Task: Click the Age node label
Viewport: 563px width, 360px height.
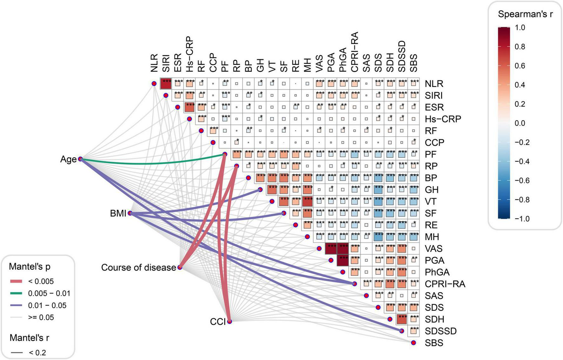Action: (x=68, y=159)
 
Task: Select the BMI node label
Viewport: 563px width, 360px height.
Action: (x=118, y=213)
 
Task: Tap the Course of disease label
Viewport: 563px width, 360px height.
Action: (x=139, y=268)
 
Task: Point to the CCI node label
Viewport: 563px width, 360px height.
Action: (x=218, y=322)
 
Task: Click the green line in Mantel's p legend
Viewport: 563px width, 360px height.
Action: (x=16, y=293)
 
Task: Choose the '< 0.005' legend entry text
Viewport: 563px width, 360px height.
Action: (x=41, y=281)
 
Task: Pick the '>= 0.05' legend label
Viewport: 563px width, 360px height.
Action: (x=41, y=317)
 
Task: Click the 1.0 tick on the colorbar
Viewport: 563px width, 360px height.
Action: (x=520, y=28)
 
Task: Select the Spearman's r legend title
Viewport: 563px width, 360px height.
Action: (x=525, y=14)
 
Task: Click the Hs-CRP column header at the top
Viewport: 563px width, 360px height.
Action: (x=190, y=55)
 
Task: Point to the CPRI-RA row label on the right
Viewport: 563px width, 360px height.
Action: (x=445, y=284)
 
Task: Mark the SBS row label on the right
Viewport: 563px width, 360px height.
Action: (x=434, y=343)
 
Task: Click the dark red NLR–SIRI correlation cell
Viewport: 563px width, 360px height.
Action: (x=166, y=83)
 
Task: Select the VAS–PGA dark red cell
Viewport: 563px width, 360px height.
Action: (x=331, y=249)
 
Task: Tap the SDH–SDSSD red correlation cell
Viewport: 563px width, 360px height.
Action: (x=402, y=319)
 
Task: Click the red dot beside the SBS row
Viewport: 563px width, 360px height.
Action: (x=413, y=343)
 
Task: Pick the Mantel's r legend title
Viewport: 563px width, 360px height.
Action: (x=29, y=338)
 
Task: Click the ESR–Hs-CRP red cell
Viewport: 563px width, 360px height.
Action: (x=190, y=107)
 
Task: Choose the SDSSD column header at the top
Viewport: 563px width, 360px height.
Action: (x=402, y=57)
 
